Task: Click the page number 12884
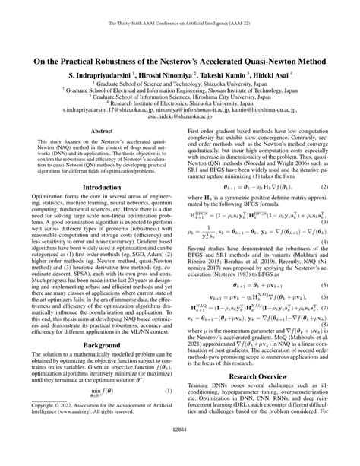180,450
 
